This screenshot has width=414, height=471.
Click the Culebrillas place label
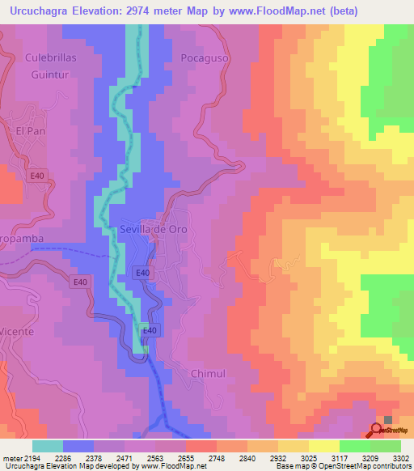pos(50,58)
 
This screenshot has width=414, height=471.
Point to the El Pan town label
pos(29,130)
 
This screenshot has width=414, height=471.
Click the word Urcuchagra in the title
pos(37,11)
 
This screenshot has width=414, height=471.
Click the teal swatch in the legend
pos(48,446)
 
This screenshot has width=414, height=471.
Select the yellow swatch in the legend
pos(323,446)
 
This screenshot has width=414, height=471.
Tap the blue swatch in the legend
pos(78,446)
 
